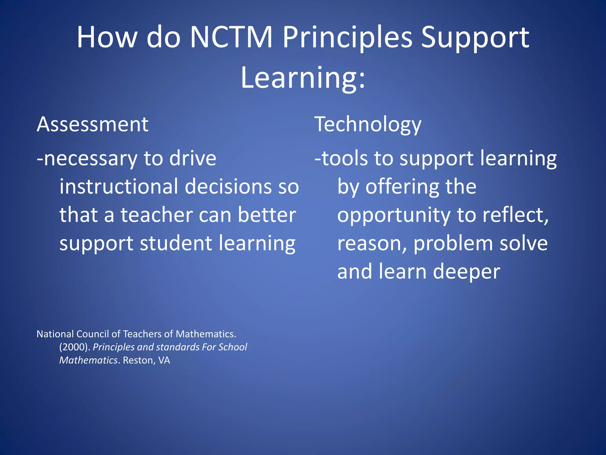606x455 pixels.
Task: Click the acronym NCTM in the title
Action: [231, 37]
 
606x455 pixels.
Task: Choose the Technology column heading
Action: [368, 125]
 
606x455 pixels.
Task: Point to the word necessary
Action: [91, 159]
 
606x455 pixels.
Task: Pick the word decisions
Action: [228, 187]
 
